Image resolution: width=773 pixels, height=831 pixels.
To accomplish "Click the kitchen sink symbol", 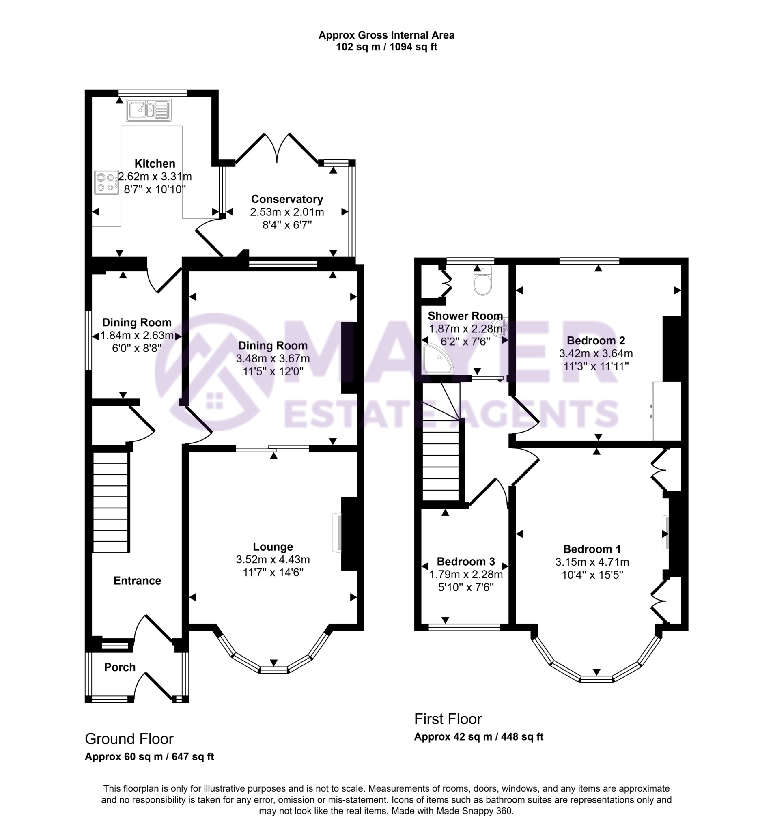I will click(149, 110).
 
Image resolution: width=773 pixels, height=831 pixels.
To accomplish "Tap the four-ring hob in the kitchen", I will click(106, 182).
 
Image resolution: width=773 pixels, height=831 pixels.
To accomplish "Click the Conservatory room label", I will click(287, 199).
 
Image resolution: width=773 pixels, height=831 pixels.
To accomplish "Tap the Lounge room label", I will click(273, 547).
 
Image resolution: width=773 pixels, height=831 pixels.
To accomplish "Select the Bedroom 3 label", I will click(466, 561).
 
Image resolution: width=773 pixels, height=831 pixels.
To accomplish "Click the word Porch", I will click(120, 667).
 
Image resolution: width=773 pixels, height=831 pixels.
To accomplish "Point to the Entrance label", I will click(137, 581).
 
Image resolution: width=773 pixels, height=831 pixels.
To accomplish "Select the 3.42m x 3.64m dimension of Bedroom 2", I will click(596, 354).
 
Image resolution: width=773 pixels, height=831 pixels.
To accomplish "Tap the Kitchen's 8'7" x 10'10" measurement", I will click(155, 189).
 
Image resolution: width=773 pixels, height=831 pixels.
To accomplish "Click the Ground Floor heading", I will click(129, 739).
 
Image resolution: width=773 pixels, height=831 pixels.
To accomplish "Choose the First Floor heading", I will click(448, 719).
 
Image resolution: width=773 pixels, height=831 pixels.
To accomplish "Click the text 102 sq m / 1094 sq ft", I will click(386, 47).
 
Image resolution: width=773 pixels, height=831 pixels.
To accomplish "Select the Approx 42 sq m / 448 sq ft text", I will click(478, 737).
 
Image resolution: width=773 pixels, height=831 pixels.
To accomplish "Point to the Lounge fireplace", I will click(337, 532).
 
